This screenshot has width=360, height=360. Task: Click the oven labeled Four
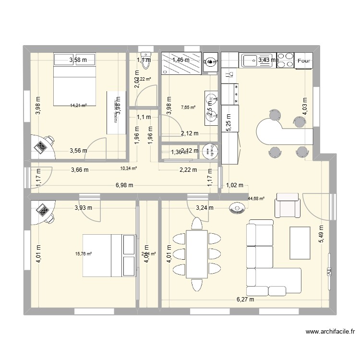[303, 61]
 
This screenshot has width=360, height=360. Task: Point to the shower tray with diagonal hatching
[181, 64]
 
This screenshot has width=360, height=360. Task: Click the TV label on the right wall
[329, 272]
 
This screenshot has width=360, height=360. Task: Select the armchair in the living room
[287, 205]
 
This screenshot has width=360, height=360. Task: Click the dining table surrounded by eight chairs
[197, 254]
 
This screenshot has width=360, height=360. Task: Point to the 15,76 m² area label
[84, 254]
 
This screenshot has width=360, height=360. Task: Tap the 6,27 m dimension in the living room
[245, 300]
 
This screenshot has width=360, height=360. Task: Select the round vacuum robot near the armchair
[238, 208]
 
